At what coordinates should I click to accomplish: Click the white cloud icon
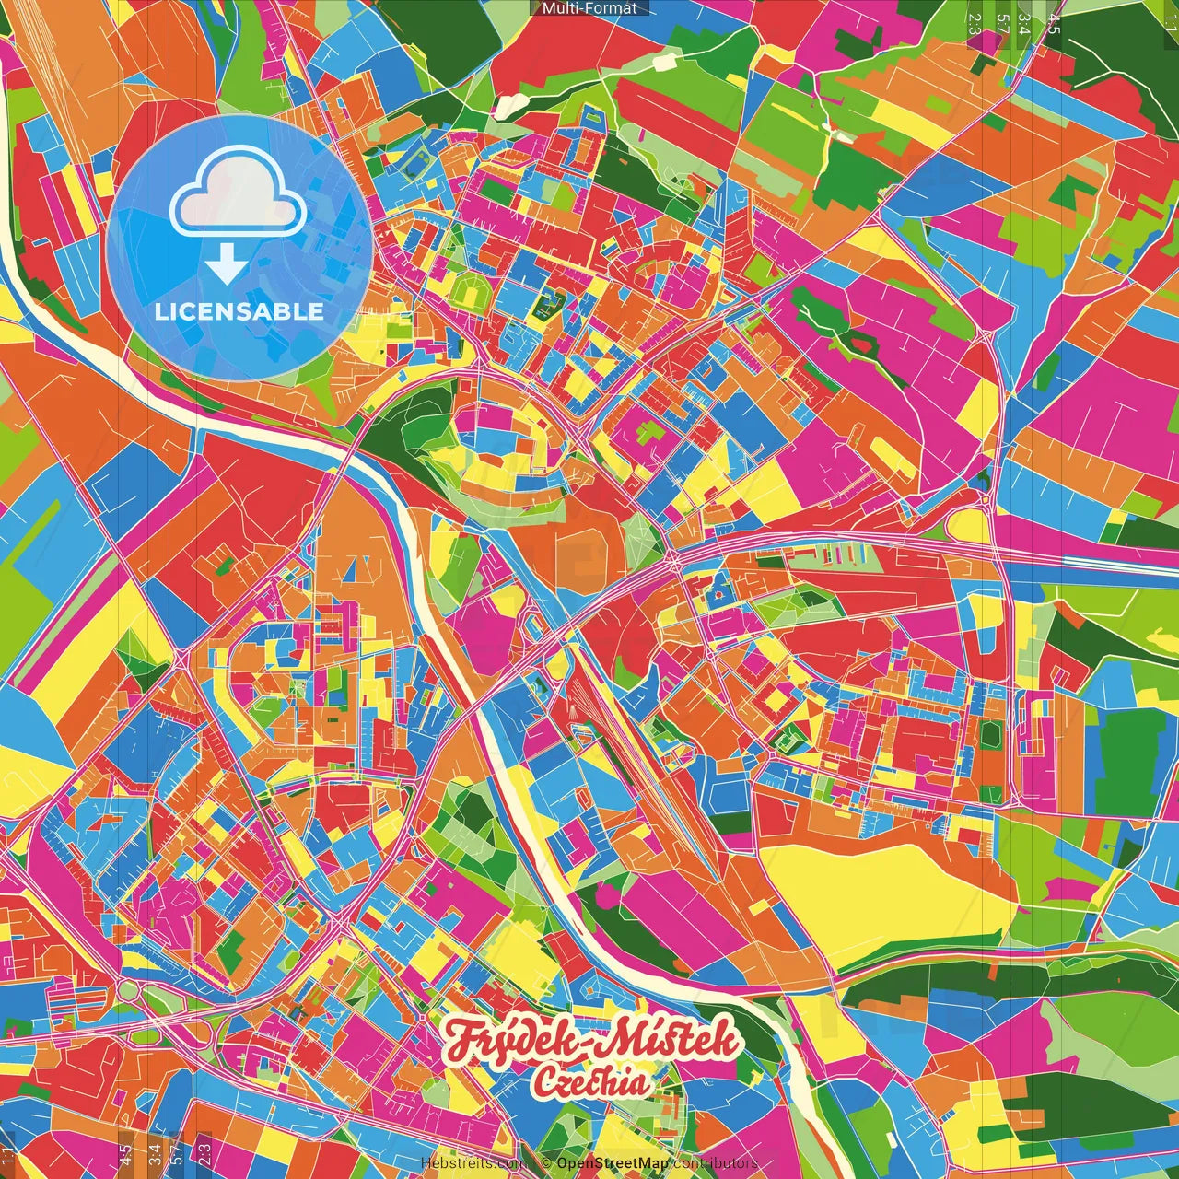tap(238, 195)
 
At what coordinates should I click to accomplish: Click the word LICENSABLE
tap(239, 311)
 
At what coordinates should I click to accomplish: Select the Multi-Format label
tap(589, 8)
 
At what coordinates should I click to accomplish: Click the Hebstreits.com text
tap(474, 1163)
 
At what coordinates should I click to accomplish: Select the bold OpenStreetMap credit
tap(612, 1163)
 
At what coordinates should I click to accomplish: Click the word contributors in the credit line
tap(715, 1163)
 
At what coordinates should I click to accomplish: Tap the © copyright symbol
tap(546, 1163)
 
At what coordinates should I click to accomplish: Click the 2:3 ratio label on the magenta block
tap(204, 1152)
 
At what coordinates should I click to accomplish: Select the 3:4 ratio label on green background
tap(1023, 25)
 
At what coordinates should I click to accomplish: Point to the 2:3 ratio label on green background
tap(975, 25)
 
